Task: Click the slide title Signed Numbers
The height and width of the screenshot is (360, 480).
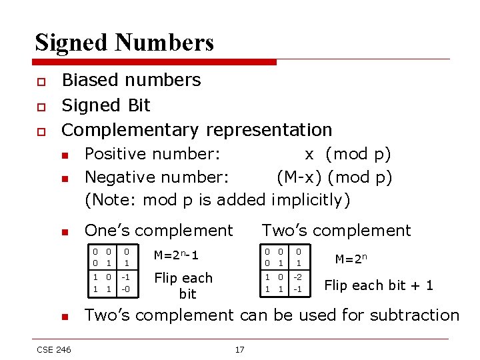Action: pyautogui.click(x=124, y=42)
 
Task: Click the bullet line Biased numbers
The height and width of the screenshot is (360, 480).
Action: pyautogui.click(x=131, y=80)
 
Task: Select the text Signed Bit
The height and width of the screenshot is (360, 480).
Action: pyautogui.click(x=106, y=105)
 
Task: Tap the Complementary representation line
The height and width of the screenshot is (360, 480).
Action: pyautogui.click(x=197, y=129)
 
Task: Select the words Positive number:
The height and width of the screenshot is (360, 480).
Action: pyautogui.click(x=152, y=154)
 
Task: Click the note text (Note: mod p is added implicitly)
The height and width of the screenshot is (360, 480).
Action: pyautogui.click(x=217, y=199)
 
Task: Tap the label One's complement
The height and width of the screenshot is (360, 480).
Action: pyautogui.click(x=159, y=231)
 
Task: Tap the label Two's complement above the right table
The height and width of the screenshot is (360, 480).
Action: pyautogui.click(x=336, y=231)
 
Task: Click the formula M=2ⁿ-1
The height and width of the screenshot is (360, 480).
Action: pyautogui.click(x=176, y=255)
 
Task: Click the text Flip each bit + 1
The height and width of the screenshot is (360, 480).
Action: pyautogui.click(x=378, y=285)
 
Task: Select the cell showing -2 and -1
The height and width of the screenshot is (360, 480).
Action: pyautogui.click(x=299, y=283)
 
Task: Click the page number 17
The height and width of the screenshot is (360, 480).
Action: pyautogui.click(x=239, y=350)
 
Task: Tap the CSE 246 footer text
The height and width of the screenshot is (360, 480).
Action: pyautogui.click(x=54, y=349)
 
